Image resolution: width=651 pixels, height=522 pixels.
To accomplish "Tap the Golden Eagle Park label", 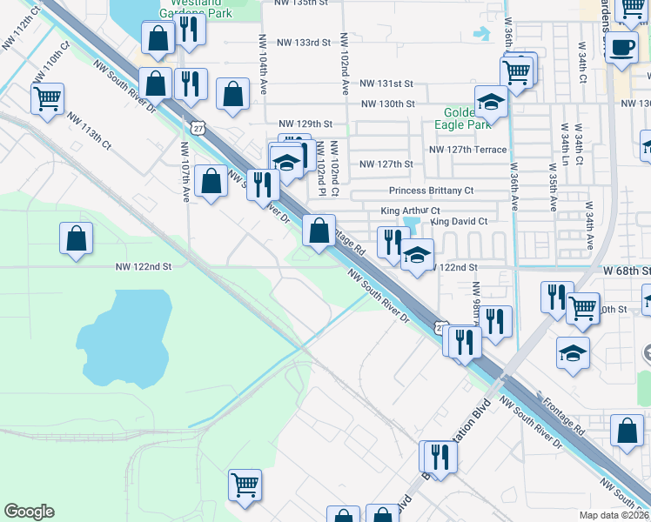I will pyautogui.click(x=459, y=118).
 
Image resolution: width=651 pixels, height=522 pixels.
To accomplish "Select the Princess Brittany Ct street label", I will pyautogui.click(x=431, y=191).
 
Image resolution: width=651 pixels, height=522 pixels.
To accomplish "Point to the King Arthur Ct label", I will pyautogui.click(x=411, y=211).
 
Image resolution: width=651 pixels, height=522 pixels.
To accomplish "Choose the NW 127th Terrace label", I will pyautogui.click(x=466, y=150).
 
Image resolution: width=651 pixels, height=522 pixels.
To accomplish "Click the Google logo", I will pyautogui.click(x=29, y=512).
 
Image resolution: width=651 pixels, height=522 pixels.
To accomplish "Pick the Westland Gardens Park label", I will pyautogui.click(x=196, y=7).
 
